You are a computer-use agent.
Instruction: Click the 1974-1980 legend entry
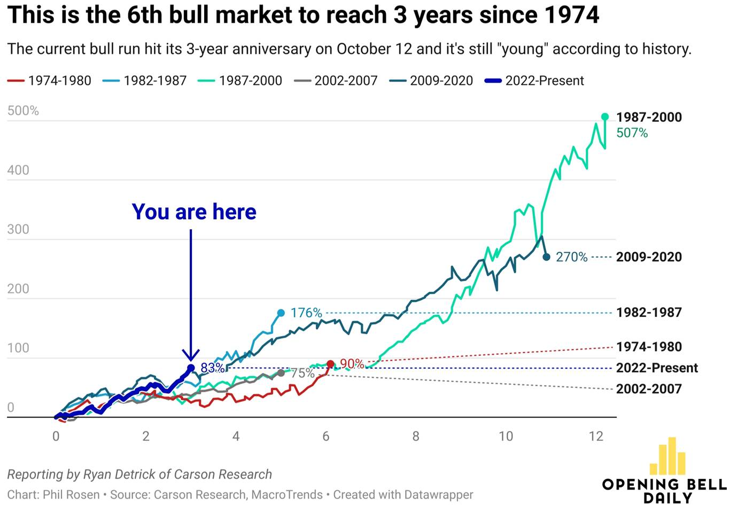point(50,81)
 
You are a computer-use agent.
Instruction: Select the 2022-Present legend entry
point(534,81)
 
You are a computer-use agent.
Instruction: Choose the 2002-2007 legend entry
point(336,81)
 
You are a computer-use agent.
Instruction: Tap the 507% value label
point(632,133)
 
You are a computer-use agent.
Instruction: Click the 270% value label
point(571,257)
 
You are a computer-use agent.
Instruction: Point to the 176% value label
point(306,313)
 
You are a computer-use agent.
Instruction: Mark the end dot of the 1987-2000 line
point(605,116)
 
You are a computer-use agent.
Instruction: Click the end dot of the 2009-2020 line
point(546,257)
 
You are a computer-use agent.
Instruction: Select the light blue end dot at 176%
point(281,313)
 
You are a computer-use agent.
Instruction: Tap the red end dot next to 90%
point(330,364)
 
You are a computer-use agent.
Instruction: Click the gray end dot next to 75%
point(281,372)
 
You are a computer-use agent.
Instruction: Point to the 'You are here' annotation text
point(194,212)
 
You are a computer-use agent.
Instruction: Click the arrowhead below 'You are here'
point(191,355)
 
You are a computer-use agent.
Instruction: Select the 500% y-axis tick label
point(23,111)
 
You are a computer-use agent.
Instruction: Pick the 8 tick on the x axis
point(416,437)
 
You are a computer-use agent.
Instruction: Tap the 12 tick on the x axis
point(596,437)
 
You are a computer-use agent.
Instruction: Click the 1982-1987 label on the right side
point(649,313)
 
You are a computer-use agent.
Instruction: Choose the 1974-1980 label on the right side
point(649,347)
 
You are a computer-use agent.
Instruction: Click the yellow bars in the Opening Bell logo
point(667,457)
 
